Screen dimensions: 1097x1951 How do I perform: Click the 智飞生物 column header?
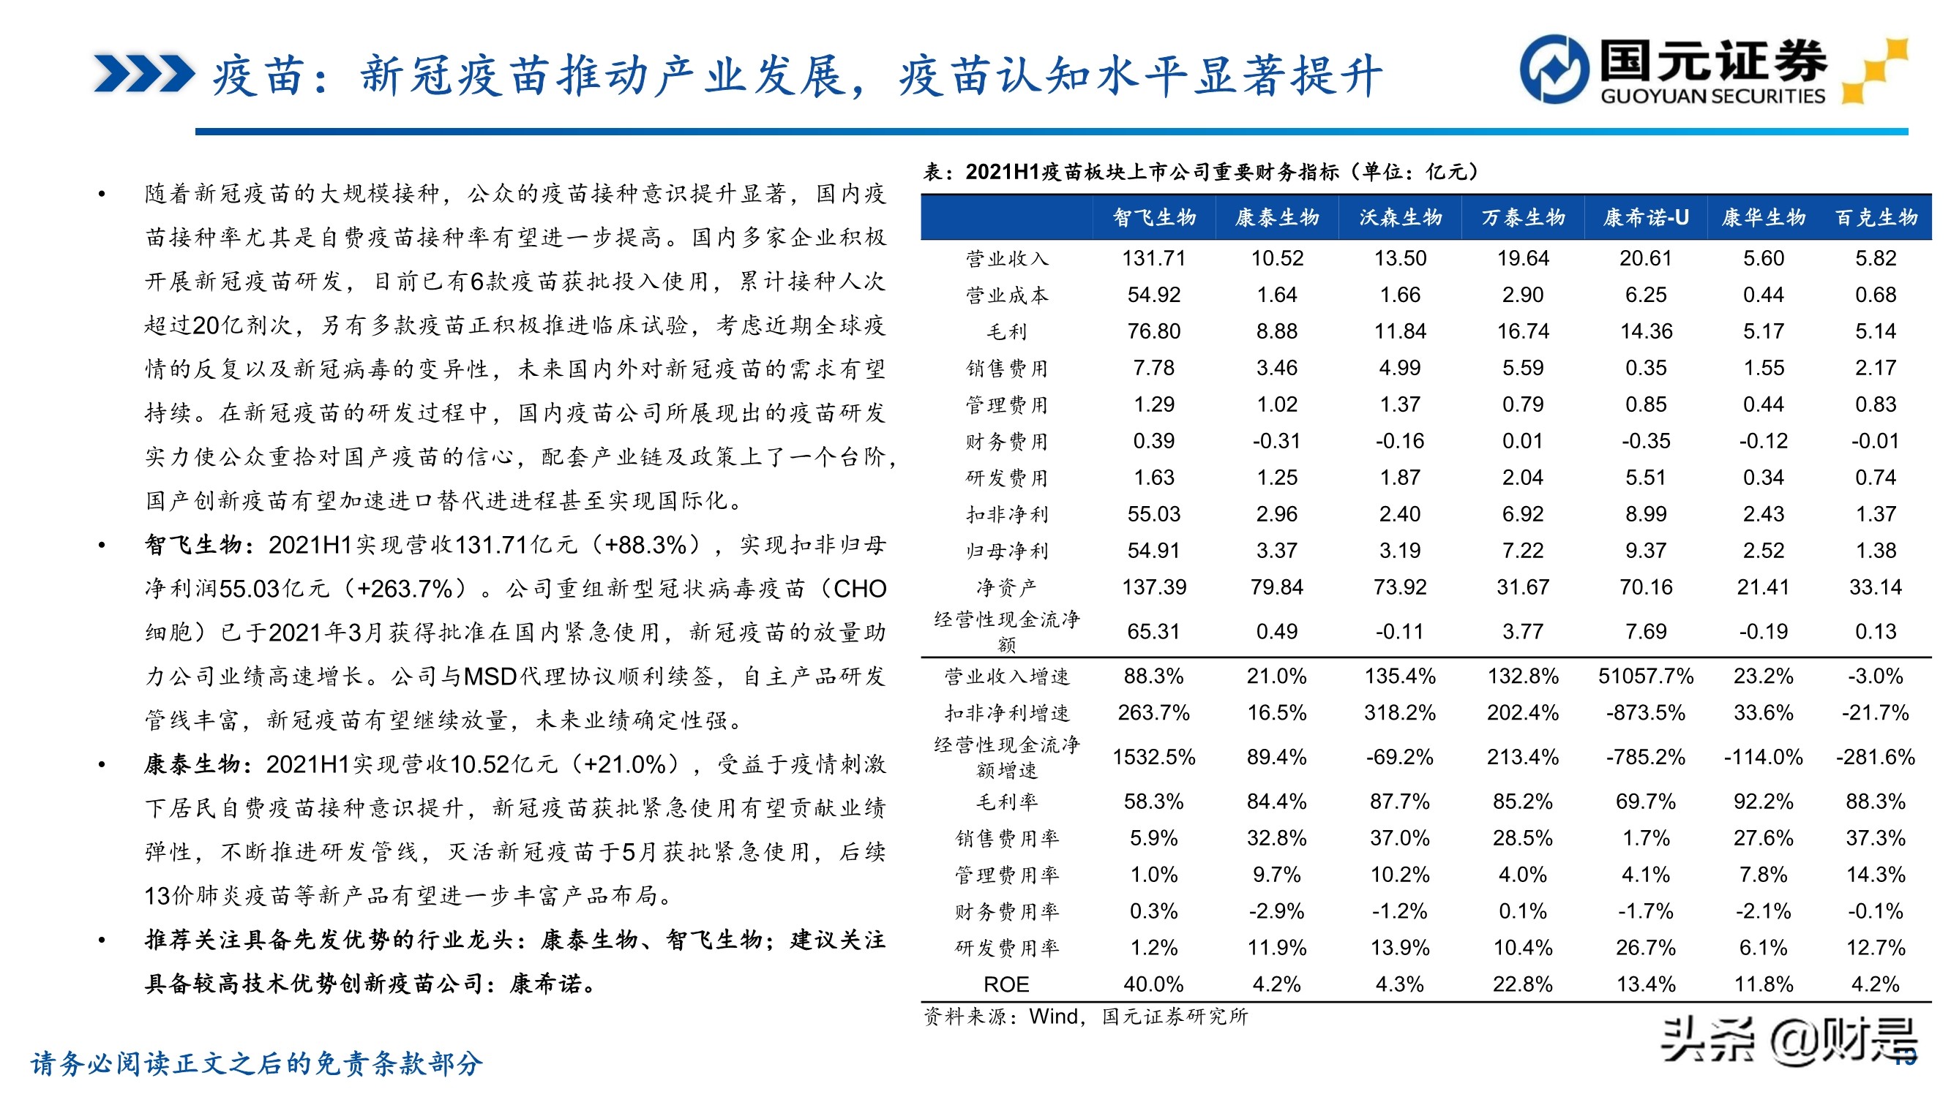pyautogui.click(x=1153, y=218)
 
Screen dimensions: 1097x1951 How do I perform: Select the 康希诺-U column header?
pyautogui.click(x=1646, y=218)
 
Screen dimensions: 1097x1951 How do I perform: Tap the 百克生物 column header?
pyautogui.click(x=1876, y=218)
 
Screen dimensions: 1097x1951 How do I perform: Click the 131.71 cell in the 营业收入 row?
pyautogui.click(x=1153, y=258)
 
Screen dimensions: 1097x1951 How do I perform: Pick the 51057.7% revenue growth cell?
pyautogui.click(x=1646, y=676)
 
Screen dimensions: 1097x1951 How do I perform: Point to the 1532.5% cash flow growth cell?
pyautogui.click(x=1153, y=757)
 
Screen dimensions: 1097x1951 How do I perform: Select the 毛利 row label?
pyautogui.click(x=1006, y=331)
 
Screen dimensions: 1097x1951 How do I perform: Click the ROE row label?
pyautogui.click(x=1006, y=984)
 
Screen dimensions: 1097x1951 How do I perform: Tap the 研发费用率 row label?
pyautogui.click(x=1006, y=948)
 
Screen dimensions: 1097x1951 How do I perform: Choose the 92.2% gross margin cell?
pyautogui.click(x=1763, y=801)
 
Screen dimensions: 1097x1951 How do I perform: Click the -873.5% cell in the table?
pyautogui.click(x=1646, y=712)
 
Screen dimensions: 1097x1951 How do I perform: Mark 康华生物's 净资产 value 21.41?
pyautogui.click(x=1763, y=587)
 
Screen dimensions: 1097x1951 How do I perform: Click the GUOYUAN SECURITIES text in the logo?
pyautogui.click(x=1712, y=96)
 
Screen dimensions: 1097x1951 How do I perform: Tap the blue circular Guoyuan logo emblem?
pyautogui.click(x=1554, y=69)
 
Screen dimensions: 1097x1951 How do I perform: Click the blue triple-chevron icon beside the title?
pyautogui.click(x=144, y=74)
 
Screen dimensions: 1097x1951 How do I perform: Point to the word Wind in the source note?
pyautogui.click(x=1053, y=1016)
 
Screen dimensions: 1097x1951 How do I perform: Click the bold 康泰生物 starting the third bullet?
pyautogui.click(x=192, y=765)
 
